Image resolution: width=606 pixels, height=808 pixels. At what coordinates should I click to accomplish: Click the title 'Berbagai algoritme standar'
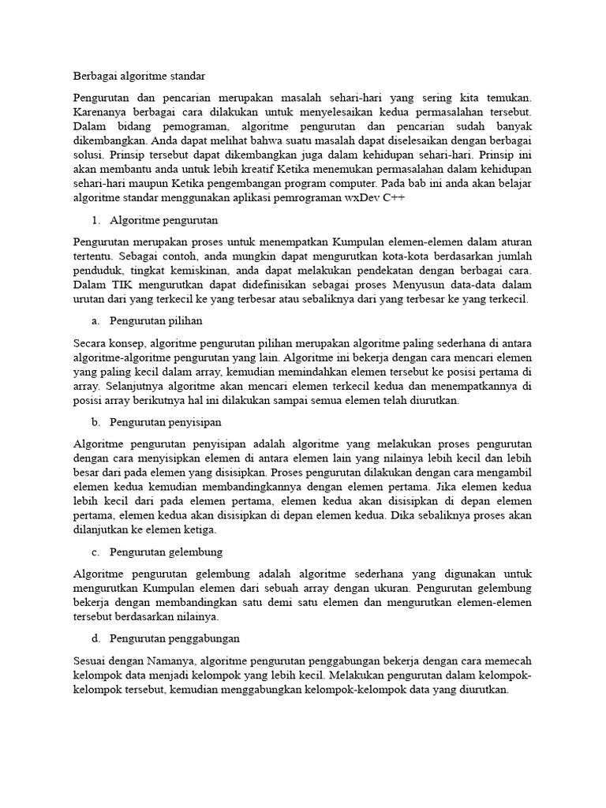(139, 77)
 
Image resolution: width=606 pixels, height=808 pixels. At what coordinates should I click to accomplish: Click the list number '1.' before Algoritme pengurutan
(97, 220)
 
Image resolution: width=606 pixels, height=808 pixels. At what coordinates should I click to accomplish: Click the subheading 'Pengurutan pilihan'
(156, 321)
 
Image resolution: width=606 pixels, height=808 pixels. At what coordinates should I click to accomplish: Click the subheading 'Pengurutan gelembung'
(166, 552)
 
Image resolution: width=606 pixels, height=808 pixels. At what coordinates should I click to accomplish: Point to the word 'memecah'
(511, 660)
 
